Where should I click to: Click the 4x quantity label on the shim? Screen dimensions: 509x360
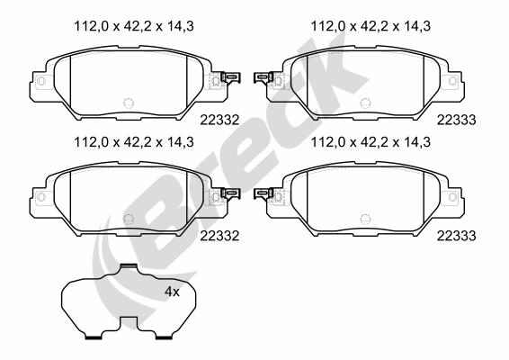click(172, 292)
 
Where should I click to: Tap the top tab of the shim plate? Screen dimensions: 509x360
click(129, 266)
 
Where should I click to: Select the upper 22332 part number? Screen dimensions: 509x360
click(219, 121)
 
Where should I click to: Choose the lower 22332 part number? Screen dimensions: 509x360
click(219, 236)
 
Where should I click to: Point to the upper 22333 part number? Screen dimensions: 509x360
click(457, 121)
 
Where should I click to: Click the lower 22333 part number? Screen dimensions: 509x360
click(457, 236)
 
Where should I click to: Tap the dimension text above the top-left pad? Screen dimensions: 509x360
click(134, 26)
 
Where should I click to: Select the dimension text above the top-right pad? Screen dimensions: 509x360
click(371, 26)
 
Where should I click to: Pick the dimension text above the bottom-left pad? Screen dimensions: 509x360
click(134, 142)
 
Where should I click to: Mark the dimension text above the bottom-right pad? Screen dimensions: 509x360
click(371, 142)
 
